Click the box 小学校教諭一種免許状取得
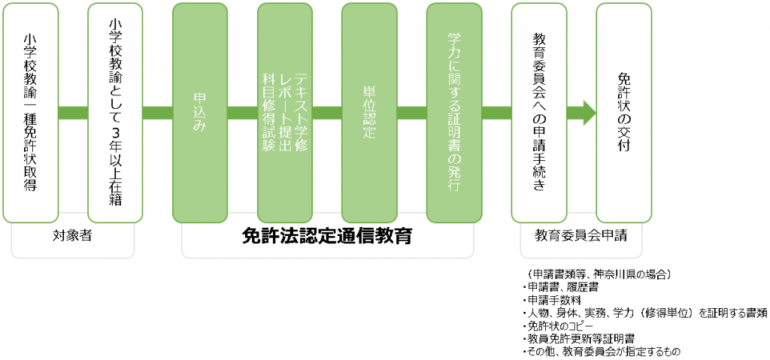pos(31,113)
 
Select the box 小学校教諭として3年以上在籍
pos(115,113)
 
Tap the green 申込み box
pos(200,113)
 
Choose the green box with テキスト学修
pos(284,113)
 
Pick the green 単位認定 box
pos(369,113)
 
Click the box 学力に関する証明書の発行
pos(453,113)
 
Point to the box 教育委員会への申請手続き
pos(538,113)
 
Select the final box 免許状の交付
pos(623,113)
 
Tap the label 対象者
pos(72,235)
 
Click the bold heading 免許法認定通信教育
pos(327,236)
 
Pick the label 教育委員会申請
pos(581,235)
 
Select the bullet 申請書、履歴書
pos(559,287)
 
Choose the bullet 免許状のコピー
pos(559,325)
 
